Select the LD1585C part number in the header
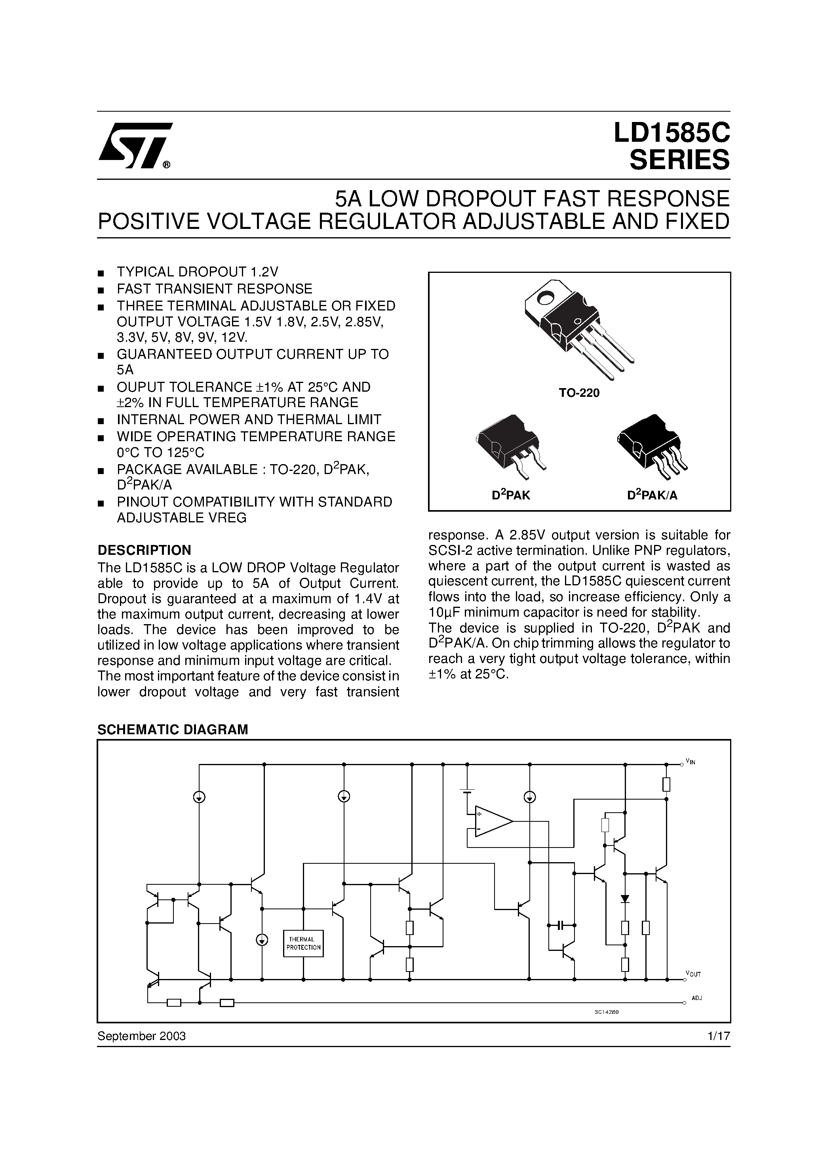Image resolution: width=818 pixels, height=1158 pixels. (671, 134)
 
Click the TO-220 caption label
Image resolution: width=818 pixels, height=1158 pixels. (579, 393)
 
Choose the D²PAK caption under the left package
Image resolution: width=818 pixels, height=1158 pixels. (511, 495)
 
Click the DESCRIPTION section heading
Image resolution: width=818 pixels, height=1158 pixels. (144, 550)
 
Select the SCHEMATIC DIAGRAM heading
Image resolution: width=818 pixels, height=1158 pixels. (173, 730)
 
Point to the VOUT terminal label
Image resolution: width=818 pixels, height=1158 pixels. (693, 974)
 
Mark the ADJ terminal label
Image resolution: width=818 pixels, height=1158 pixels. (696, 998)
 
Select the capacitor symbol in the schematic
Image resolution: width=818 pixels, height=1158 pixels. (561, 925)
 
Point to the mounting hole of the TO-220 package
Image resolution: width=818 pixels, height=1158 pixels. (546, 299)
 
